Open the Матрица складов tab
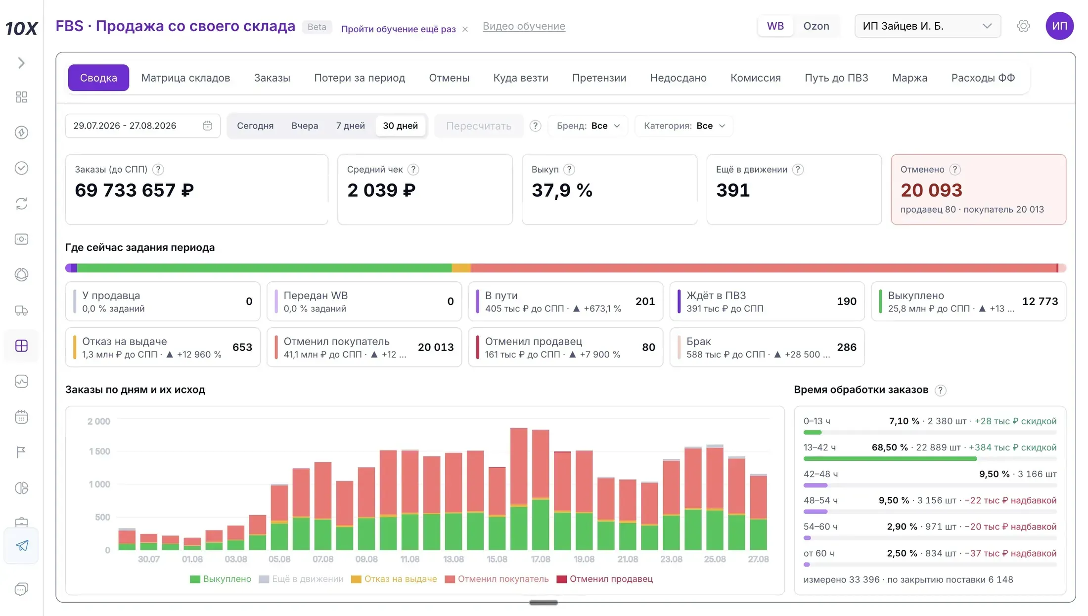(x=185, y=78)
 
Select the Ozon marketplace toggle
(x=816, y=26)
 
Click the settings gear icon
(x=1023, y=26)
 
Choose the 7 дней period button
(x=350, y=126)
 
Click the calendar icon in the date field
(x=207, y=126)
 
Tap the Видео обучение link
(x=524, y=26)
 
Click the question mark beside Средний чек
(x=413, y=170)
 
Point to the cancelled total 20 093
(x=931, y=190)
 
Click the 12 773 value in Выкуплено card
(x=1040, y=301)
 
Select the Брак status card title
(x=698, y=341)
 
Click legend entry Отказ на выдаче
(x=394, y=579)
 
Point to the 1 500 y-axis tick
(x=99, y=451)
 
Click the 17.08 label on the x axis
(x=541, y=559)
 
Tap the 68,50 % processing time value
(x=890, y=447)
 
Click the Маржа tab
(x=909, y=78)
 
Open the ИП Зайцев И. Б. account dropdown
(x=928, y=26)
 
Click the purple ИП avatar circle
(x=1059, y=26)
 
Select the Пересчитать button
(x=479, y=126)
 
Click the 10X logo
(x=21, y=28)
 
